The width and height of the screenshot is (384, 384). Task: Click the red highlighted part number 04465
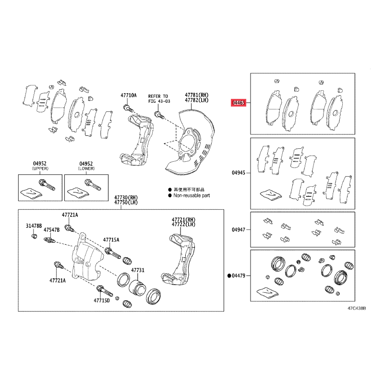click(239, 103)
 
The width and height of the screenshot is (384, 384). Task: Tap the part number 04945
click(239, 173)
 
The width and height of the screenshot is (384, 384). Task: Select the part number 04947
click(239, 230)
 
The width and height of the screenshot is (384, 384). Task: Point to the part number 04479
click(239, 276)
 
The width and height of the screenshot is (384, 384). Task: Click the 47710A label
click(129, 95)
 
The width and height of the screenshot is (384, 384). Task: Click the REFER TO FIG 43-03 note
click(159, 99)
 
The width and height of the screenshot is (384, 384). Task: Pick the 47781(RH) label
click(197, 95)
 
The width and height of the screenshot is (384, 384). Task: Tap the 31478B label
click(34, 226)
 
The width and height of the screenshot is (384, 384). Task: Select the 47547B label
click(52, 230)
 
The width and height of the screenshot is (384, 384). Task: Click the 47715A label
click(111, 240)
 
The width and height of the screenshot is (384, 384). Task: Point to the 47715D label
click(102, 300)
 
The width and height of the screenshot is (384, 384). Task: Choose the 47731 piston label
click(138, 270)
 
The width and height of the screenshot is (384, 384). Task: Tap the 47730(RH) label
click(126, 197)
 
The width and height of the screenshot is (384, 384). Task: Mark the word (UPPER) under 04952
click(40, 168)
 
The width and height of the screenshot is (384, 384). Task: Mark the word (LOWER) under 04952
click(86, 168)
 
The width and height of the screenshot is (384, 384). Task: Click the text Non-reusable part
click(192, 195)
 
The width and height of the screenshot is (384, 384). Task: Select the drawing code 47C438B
click(357, 308)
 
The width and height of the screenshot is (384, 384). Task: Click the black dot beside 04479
click(229, 276)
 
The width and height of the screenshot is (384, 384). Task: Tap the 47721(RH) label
click(183, 220)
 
